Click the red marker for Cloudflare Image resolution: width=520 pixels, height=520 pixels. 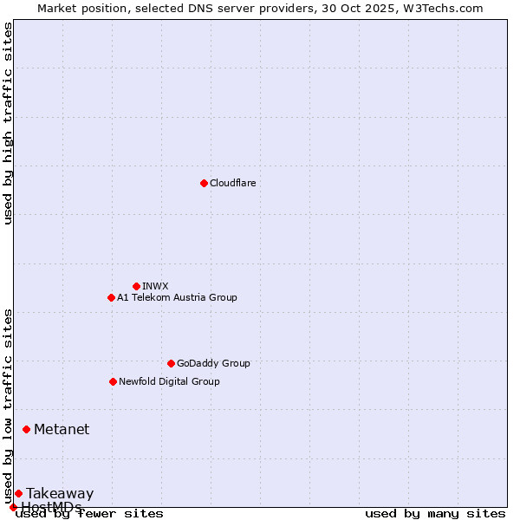(204, 183)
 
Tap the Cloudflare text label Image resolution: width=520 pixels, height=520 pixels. (232, 183)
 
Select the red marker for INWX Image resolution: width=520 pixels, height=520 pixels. (136, 286)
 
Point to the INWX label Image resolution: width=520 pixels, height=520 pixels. (155, 286)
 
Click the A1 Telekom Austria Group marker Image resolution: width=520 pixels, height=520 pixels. (111, 297)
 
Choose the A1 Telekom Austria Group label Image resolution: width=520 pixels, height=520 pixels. (177, 297)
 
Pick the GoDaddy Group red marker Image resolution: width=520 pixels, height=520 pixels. (171, 363)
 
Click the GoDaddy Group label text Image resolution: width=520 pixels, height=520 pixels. (212, 363)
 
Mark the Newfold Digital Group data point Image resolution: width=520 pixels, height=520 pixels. (113, 381)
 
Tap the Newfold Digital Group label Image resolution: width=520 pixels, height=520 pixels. (169, 381)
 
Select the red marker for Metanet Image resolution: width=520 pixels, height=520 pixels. (26, 429)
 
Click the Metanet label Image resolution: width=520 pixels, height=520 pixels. (62, 429)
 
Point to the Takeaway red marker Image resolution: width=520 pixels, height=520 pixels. (18, 493)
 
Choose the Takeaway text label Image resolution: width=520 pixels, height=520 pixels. (60, 494)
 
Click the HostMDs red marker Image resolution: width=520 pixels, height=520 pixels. (13, 507)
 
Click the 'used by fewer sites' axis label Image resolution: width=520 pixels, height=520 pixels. (89, 513)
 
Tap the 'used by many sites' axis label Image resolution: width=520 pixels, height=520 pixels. (435, 513)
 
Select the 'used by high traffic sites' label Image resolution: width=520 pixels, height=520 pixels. (8, 123)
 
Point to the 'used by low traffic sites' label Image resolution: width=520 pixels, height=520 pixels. (8, 406)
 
